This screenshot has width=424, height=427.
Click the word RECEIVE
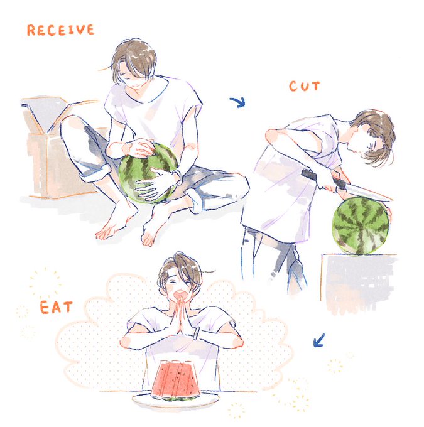tap(60, 30)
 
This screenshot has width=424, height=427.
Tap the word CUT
tap(304, 86)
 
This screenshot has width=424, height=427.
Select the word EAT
tap(56, 307)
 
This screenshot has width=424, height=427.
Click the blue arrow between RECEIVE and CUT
tap(238, 102)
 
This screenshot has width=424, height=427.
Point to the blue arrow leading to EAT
tap(319, 340)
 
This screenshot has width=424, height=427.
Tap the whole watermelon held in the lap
tap(147, 173)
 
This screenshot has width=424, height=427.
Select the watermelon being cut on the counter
tap(360, 226)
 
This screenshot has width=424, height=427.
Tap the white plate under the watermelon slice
tap(176, 401)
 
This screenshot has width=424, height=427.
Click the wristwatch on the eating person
tap(197, 333)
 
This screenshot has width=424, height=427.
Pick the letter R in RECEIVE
tap(31, 31)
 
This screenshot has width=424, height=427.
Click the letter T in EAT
tap(68, 307)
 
